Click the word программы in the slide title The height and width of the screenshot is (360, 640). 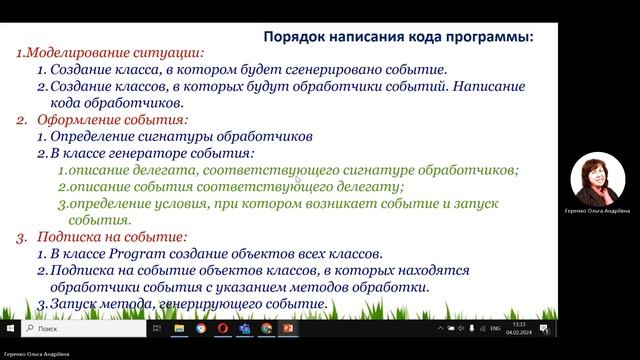coord(489,35)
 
